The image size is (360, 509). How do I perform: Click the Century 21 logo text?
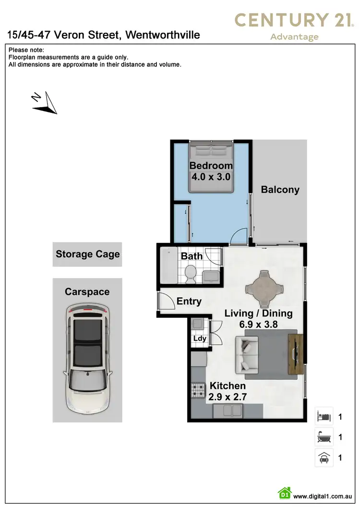coord(294,20)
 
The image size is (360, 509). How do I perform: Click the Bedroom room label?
coord(211,166)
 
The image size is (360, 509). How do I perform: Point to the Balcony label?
coord(280,190)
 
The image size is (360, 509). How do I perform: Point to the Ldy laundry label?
coord(199,339)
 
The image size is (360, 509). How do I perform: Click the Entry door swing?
coord(167,302)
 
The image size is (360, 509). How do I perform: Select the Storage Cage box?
coord(87,254)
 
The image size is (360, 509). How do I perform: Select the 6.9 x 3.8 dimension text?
coord(259,325)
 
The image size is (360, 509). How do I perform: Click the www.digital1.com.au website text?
coord(323,496)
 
